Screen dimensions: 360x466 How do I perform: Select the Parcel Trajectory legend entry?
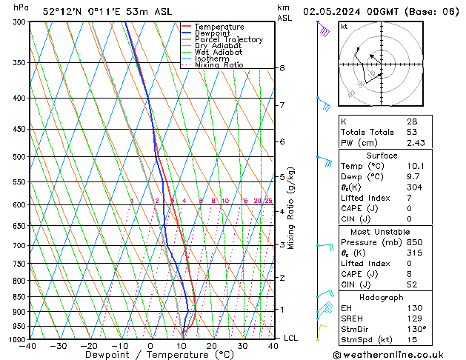[228, 40]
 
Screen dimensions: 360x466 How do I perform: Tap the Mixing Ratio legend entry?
[219, 65]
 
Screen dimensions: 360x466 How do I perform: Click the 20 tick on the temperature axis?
[212, 346]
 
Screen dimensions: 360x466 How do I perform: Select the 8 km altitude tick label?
[282, 68]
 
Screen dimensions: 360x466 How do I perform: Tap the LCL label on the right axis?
[292, 338]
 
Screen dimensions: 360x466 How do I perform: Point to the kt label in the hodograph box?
[344, 27]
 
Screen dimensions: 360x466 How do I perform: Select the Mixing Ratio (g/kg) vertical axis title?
[292, 208]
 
